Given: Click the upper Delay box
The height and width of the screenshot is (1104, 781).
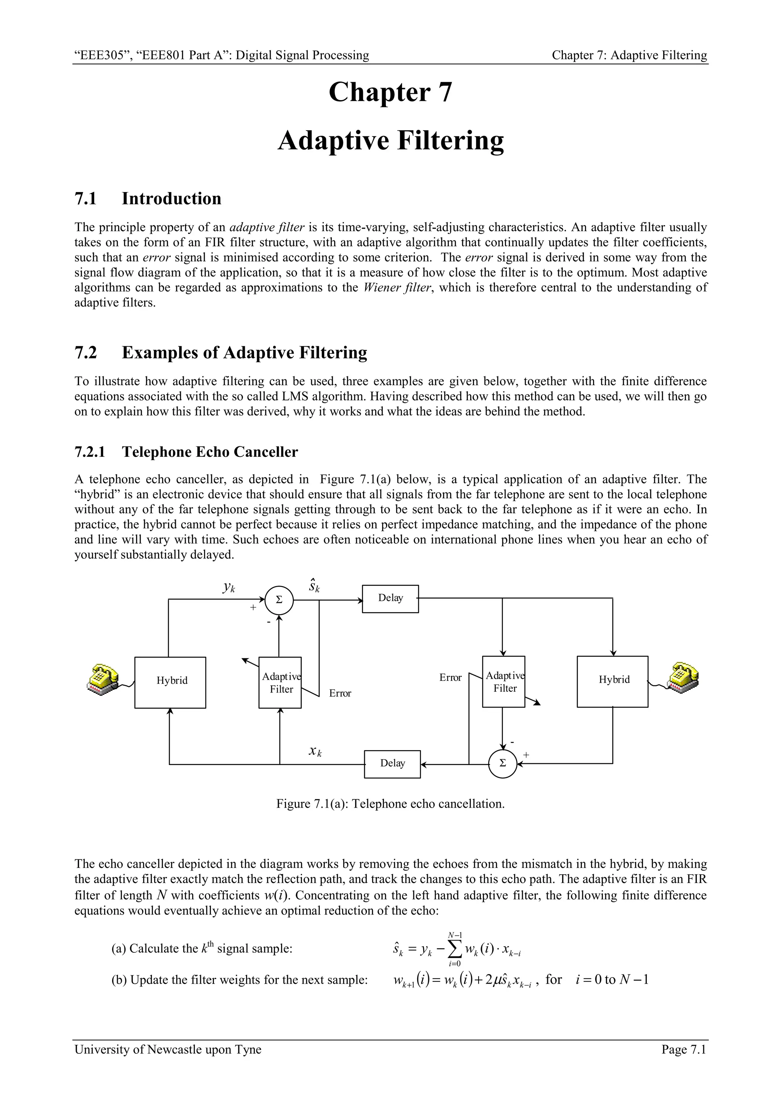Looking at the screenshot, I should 390,598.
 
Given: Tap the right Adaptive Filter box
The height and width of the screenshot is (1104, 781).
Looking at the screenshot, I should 503,682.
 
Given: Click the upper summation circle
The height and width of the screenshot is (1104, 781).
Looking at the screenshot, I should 279,600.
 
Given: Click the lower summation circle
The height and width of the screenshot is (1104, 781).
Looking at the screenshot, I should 502,763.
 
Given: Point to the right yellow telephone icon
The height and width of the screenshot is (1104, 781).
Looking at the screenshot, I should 682,678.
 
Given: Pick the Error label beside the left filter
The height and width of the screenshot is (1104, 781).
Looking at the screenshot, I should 340,693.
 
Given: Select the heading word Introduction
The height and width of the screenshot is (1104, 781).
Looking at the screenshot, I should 171,198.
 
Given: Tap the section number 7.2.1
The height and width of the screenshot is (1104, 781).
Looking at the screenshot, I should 90,452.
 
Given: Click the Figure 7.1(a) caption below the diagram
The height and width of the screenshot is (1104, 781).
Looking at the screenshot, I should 390,804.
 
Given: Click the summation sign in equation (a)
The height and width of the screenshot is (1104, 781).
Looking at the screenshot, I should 455,949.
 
